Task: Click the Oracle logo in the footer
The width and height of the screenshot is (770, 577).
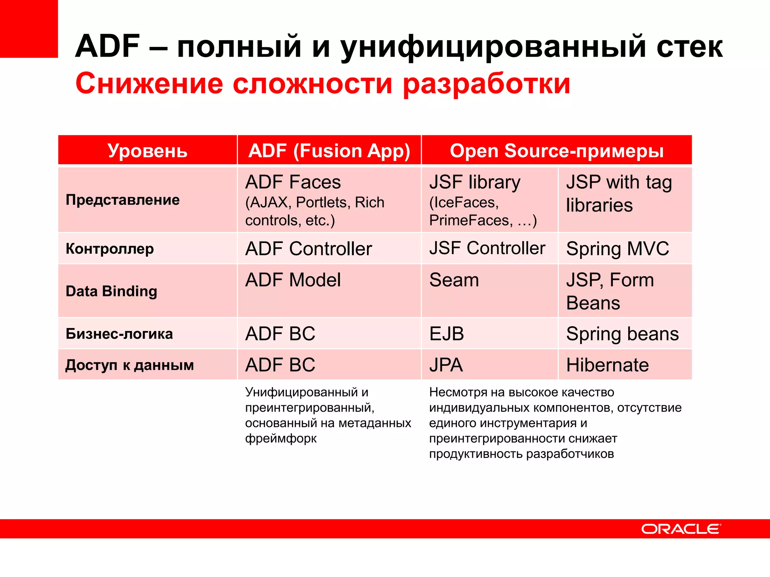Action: [x=681, y=529]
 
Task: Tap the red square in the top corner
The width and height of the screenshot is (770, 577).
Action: [x=29, y=29]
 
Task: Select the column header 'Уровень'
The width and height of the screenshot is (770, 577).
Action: [x=147, y=151]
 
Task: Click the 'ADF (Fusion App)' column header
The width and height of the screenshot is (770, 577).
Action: [x=329, y=151]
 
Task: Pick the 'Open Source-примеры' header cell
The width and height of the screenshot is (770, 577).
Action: [x=556, y=151]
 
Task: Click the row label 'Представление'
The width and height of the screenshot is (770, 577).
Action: [x=123, y=200]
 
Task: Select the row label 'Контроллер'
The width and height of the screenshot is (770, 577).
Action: [x=110, y=249]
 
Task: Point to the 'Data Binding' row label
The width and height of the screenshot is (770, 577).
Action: [x=111, y=291]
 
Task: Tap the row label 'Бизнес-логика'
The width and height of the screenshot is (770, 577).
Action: [x=119, y=334]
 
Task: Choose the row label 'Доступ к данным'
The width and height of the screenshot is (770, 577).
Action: [x=130, y=365]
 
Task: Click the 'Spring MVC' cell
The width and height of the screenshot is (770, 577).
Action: [x=618, y=249]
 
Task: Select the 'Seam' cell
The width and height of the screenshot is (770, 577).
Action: [x=454, y=280]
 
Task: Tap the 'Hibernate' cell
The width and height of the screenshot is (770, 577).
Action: [x=608, y=365]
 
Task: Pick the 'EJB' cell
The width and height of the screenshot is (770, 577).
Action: [x=447, y=334]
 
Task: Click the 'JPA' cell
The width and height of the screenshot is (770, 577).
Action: [x=446, y=365]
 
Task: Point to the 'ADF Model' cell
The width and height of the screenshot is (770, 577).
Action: [x=293, y=280]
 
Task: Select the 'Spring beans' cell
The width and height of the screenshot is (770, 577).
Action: [x=623, y=334]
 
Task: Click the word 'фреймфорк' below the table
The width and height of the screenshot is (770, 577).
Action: [x=281, y=438]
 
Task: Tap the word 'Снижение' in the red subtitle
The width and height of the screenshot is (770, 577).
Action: [x=149, y=83]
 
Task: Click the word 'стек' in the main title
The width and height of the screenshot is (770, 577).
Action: [x=690, y=47]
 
